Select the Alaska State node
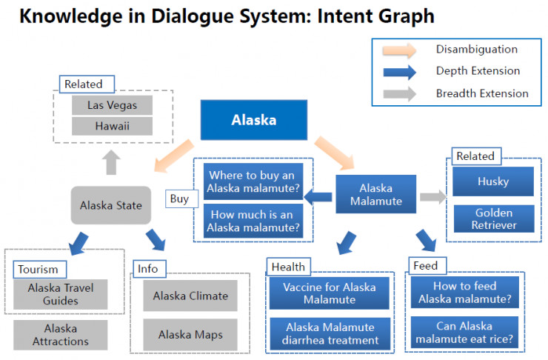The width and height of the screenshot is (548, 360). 111,205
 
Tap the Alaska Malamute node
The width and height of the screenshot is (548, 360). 375,196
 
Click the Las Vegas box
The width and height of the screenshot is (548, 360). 112,105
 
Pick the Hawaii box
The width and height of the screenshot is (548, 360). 112,126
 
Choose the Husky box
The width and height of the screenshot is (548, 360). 492,181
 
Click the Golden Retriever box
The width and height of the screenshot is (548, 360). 492,219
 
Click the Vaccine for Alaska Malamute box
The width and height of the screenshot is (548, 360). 329,293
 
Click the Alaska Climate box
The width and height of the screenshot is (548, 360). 190,296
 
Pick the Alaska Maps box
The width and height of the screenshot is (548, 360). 190,335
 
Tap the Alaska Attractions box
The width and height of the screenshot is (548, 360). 61,335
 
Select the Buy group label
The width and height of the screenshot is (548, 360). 179,199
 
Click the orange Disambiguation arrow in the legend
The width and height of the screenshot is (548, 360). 401,50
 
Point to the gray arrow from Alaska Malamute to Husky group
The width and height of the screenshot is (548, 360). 432,197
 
